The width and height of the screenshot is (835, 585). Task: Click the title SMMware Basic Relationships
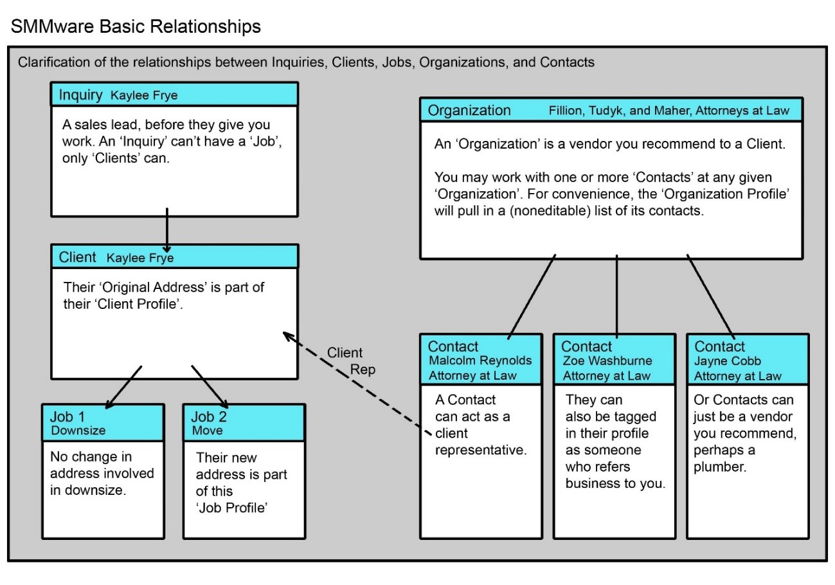[136, 26]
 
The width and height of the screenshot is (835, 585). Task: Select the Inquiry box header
[174, 95]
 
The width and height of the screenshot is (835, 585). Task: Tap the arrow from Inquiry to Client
[167, 230]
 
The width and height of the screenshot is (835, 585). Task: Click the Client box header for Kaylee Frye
[174, 257]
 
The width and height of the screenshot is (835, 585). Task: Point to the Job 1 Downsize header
[103, 423]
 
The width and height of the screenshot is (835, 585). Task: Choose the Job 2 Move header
[244, 423]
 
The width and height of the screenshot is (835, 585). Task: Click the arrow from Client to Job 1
[123, 387]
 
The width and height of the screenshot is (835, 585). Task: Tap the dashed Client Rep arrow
[355, 384]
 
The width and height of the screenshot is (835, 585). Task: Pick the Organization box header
[611, 110]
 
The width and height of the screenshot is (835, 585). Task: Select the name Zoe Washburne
[606, 361]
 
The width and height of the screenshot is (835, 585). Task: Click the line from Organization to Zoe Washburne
[617, 295]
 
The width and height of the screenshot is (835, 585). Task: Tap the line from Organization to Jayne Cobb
[710, 295]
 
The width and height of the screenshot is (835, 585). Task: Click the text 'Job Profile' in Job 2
[231, 508]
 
